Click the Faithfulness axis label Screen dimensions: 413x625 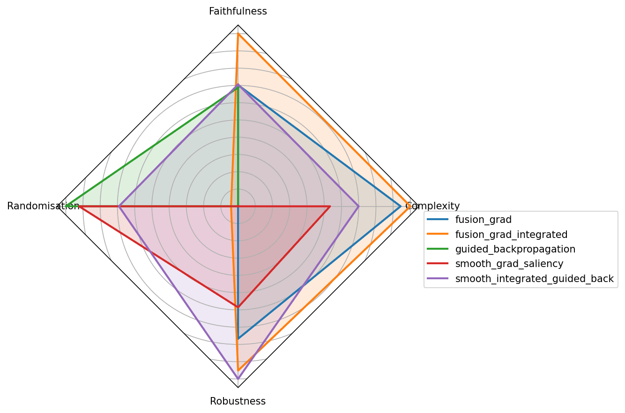[x=238, y=11]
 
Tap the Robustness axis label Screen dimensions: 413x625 [x=238, y=401]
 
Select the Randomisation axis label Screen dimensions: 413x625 [x=43, y=206]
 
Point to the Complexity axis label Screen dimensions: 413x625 [x=432, y=206]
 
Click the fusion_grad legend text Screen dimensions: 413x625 [x=483, y=219]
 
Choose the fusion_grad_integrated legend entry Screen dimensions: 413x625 [x=511, y=234]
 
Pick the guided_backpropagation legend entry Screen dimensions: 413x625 [x=515, y=249]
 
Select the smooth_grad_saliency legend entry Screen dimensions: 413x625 [x=509, y=264]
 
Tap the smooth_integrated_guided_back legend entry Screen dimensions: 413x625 [x=534, y=279]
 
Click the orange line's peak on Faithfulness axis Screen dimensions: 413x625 [x=238, y=34]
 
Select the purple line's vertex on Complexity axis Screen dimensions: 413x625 [x=359, y=206]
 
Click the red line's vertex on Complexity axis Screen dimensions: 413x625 [x=330, y=206]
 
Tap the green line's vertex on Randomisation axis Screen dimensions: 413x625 [x=67, y=206]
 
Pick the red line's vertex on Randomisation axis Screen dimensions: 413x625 [x=80, y=206]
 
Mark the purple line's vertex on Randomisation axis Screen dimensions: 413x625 [x=119, y=206]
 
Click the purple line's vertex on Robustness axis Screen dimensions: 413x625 [x=238, y=378]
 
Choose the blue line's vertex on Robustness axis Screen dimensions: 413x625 [x=238, y=338]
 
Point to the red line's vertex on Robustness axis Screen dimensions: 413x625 [x=238, y=307]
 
